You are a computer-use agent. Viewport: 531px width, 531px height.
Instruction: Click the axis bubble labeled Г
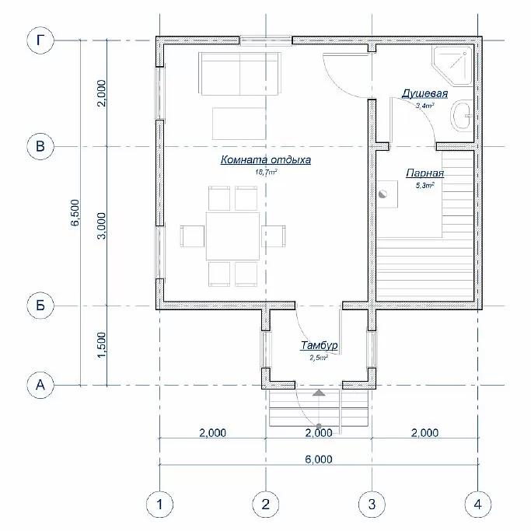pos(40,40)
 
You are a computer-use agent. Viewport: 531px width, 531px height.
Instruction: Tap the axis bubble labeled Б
pos(40,306)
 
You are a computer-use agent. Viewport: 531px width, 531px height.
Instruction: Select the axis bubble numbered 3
pos(372,505)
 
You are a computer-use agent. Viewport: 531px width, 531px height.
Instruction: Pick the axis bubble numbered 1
pos(159,505)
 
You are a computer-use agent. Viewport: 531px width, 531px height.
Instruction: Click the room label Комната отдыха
pos(266,159)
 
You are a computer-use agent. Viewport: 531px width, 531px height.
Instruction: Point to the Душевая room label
pos(424,93)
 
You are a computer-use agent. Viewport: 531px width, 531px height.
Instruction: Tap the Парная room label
pos(425,173)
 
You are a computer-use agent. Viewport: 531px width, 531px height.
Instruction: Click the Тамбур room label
pos(319,345)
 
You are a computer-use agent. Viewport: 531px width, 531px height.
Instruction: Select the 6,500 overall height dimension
pos(75,212)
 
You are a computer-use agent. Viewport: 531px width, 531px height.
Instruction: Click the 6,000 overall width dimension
pos(319,459)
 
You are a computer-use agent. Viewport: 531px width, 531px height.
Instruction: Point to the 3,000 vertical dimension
pos(102,226)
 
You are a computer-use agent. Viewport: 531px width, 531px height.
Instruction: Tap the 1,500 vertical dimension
pos(102,344)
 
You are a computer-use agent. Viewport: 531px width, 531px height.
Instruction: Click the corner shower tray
pos(452,66)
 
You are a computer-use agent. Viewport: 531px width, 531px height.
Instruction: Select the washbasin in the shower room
pos(462,116)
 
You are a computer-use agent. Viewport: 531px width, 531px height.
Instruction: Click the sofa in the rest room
pos(239,74)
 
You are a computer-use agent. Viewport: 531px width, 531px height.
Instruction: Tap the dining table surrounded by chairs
pos(232,236)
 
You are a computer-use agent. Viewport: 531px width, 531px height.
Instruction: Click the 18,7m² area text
pos(266,173)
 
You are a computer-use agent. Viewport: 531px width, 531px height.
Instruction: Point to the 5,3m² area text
pos(425,186)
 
